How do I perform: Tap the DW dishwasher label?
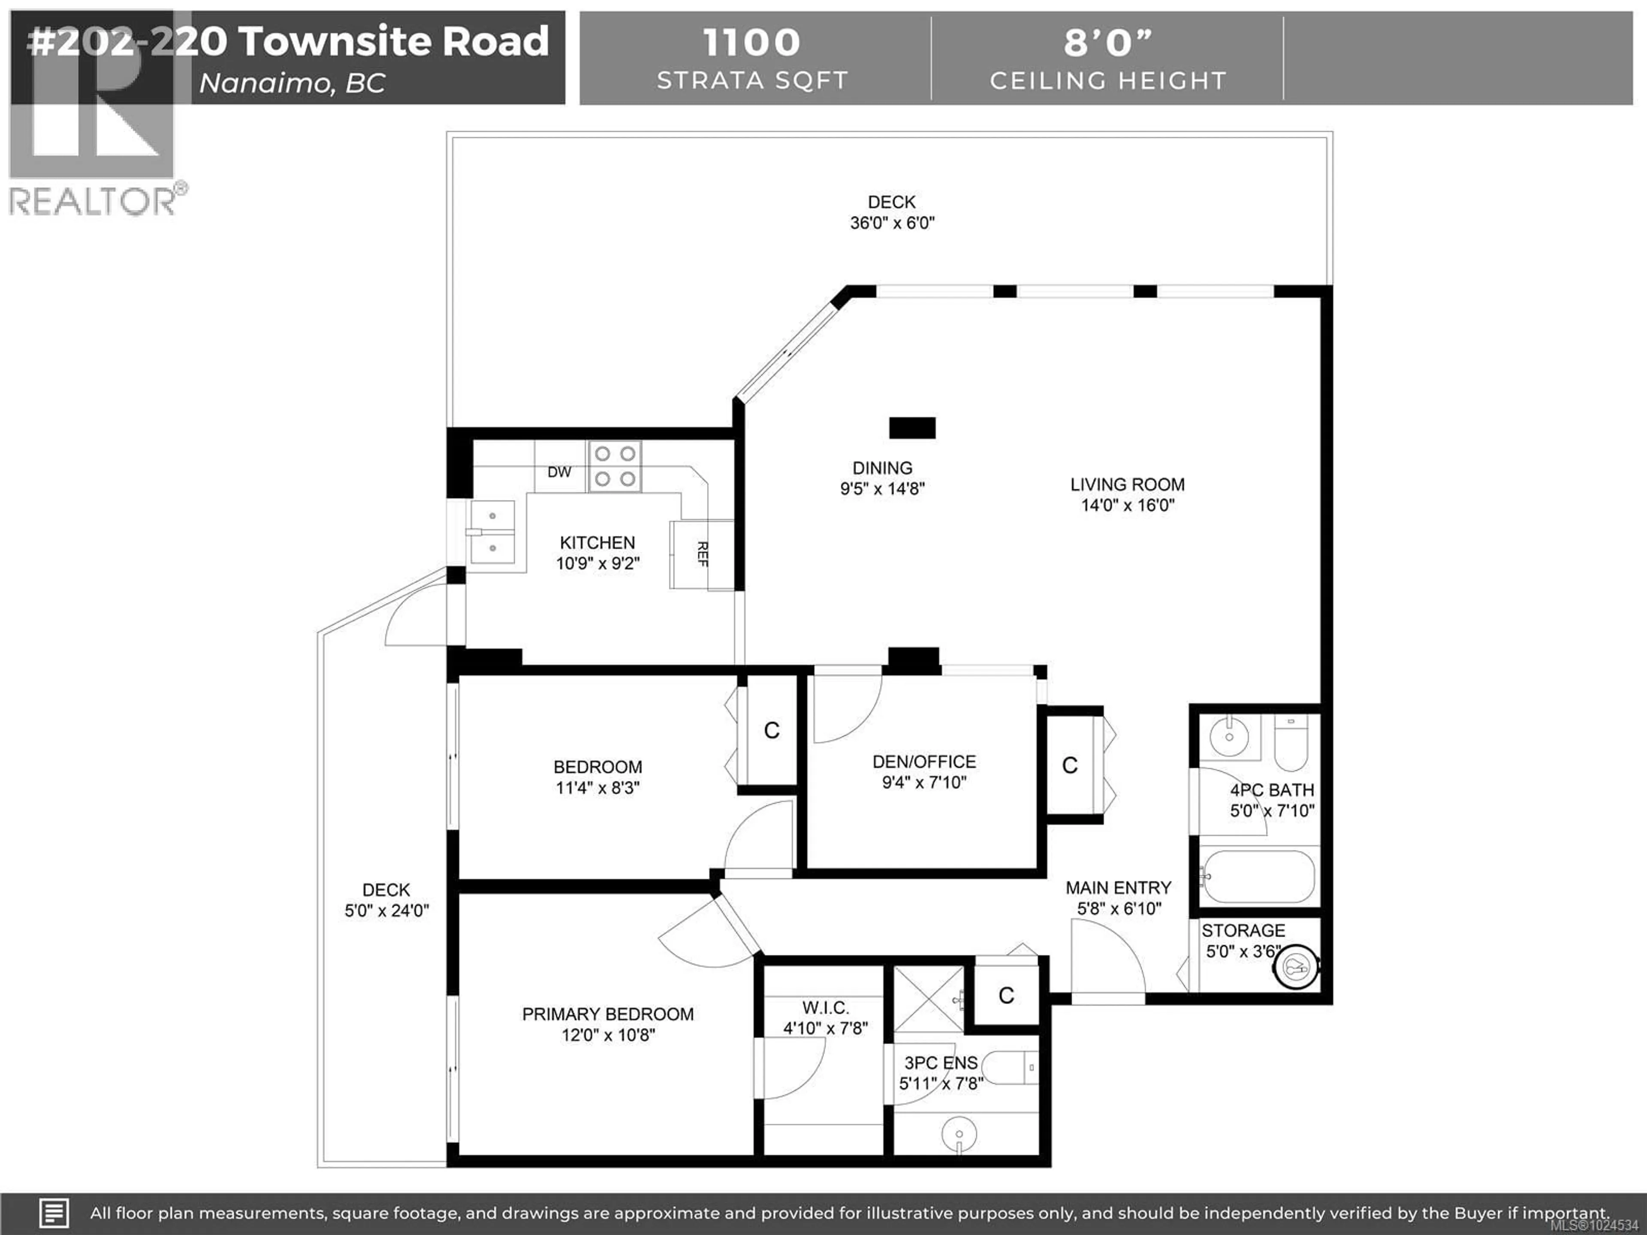click(559, 472)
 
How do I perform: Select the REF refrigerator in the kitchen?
click(701, 554)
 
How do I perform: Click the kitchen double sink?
click(492, 531)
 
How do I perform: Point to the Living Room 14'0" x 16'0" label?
click(1127, 494)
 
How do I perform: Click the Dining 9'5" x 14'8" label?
click(882, 478)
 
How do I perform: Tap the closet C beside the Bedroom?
click(771, 730)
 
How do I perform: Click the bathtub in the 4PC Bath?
click(1258, 877)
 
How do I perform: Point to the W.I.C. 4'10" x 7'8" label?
click(825, 1018)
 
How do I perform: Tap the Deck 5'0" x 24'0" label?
click(386, 900)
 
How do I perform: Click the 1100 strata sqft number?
click(751, 42)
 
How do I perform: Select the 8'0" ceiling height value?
click(1107, 42)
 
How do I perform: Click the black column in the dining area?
click(912, 428)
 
